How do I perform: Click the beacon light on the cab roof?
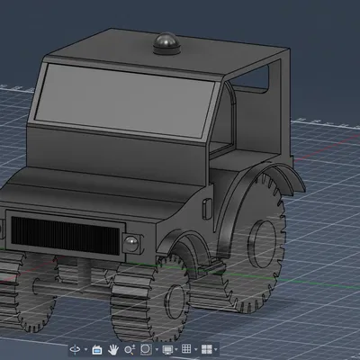click(166, 41)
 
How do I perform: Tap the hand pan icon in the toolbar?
click(114, 348)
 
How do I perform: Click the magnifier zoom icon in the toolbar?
click(130, 348)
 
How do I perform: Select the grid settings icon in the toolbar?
click(187, 348)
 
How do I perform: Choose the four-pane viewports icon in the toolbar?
click(207, 348)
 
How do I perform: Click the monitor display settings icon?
click(167, 348)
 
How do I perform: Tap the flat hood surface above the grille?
click(90, 184)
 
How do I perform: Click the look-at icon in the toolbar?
click(97, 348)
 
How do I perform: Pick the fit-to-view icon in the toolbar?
click(147, 348)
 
